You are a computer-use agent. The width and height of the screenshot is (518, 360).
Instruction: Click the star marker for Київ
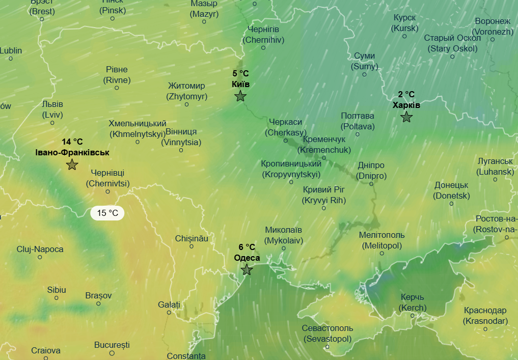pos(240,96)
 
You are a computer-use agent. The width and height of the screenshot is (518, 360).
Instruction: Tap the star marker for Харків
pos(406,117)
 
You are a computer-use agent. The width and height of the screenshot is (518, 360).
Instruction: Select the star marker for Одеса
pos(247,270)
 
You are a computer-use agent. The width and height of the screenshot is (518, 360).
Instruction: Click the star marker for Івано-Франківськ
pos(72,164)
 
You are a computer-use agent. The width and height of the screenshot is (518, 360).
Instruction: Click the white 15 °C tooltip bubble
pos(107,213)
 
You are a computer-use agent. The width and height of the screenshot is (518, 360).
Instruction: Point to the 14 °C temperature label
pos(72,142)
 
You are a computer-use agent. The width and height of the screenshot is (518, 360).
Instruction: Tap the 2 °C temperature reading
pos(406,94)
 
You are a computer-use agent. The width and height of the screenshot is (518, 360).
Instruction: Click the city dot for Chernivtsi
pos(107,191)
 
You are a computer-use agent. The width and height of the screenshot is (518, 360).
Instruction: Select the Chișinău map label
pos(192,238)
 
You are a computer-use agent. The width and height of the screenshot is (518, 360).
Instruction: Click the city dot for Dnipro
pos(371,184)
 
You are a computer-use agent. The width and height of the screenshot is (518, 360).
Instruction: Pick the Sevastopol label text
pos(327,334)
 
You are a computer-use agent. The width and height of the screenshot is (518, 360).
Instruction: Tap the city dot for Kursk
pos(404,36)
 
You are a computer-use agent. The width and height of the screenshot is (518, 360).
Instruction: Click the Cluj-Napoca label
pos(40,249)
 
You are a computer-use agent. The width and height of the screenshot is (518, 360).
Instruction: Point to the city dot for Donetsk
pos(451,204)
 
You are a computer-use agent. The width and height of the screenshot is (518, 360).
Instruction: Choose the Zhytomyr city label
pos(186,91)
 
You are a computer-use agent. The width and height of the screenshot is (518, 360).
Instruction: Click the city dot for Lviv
pos(52,122)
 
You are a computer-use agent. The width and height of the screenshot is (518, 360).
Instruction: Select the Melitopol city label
pos(381,240)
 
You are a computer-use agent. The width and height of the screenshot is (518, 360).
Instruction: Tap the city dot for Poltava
pos(358,134)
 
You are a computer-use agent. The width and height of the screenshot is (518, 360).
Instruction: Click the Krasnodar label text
pos(485,316)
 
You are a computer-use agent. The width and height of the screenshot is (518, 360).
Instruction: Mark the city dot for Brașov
pos(98,303)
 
